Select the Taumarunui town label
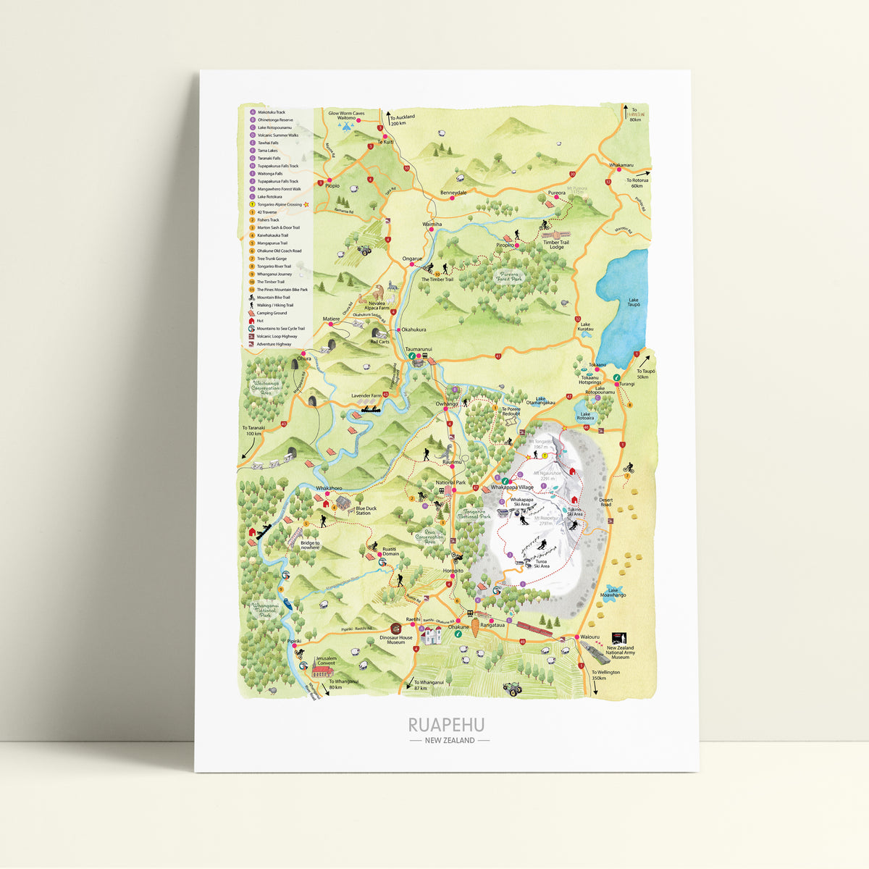419,348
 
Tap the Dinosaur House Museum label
396,640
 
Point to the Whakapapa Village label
512,488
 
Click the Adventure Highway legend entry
273,344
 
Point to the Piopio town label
332,185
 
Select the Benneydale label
453,193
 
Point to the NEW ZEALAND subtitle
450,740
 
